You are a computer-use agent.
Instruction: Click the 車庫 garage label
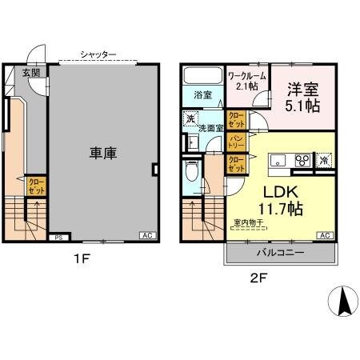(x=102, y=153)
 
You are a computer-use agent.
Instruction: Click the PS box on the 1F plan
(x=58, y=238)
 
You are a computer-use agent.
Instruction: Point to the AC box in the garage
(x=146, y=236)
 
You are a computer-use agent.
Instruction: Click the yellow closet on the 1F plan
(x=37, y=187)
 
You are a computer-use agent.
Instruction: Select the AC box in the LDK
(x=326, y=236)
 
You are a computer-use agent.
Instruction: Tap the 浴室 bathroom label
(x=202, y=94)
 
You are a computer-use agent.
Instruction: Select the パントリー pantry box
(x=237, y=142)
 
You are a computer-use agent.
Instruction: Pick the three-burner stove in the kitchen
(x=303, y=160)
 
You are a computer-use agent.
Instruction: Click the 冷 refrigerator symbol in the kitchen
(x=325, y=159)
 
